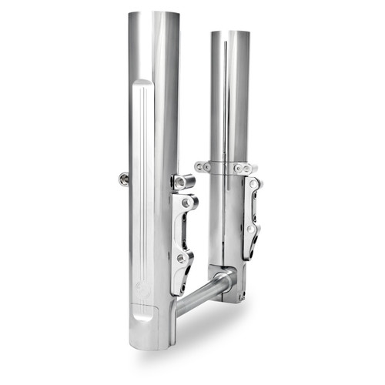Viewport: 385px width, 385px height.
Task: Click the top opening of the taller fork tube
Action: click(x=153, y=15)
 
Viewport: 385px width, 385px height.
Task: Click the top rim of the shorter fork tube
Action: click(x=229, y=33)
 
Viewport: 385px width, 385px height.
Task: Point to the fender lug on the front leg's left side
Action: click(x=124, y=179)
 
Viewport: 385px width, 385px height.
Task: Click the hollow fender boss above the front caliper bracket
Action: click(x=183, y=182)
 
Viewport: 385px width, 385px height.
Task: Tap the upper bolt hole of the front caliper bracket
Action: click(x=187, y=202)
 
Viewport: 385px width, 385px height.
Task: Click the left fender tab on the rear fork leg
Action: click(x=203, y=166)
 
